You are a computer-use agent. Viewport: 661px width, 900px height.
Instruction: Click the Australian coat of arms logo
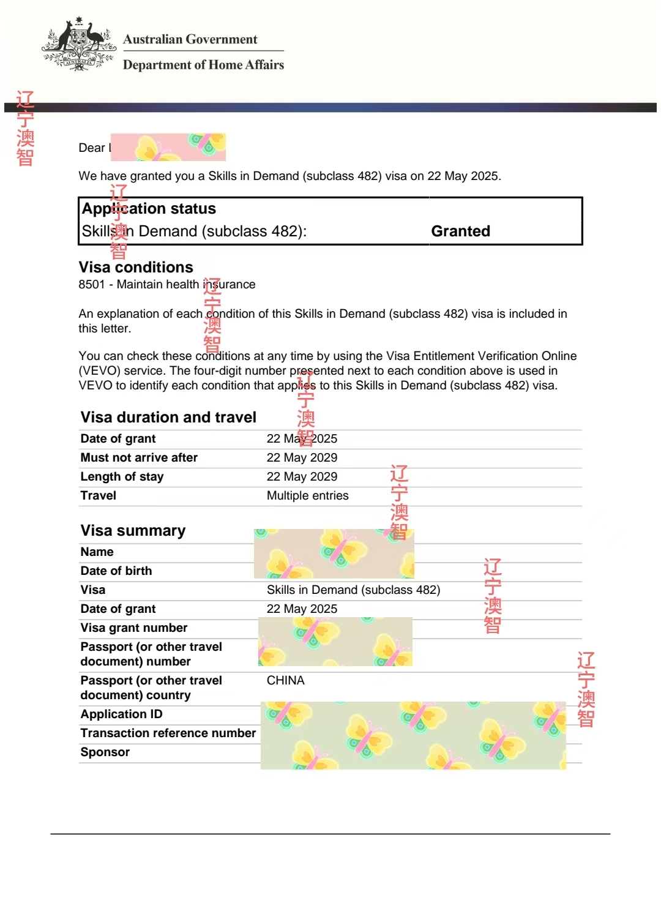click(x=78, y=44)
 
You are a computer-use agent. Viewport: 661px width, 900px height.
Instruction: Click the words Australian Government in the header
click(x=190, y=39)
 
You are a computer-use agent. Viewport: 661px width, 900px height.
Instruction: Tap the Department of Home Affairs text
click(x=203, y=65)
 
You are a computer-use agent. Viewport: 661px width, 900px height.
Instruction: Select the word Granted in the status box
click(x=460, y=231)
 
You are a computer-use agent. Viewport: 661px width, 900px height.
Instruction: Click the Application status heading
click(x=149, y=209)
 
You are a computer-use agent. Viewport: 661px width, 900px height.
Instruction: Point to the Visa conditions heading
click(x=136, y=267)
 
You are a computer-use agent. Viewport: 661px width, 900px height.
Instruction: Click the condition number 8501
click(x=92, y=284)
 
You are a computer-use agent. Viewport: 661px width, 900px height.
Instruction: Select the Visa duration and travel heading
click(x=168, y=417)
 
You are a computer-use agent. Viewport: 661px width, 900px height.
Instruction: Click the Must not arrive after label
click(x=139, y=457)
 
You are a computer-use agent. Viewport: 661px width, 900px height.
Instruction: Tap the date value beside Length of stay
click(x=302, y=476)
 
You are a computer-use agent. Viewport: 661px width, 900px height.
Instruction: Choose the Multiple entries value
click(x=307, y=495)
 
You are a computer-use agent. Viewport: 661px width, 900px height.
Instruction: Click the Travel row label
click(x=99, y=495)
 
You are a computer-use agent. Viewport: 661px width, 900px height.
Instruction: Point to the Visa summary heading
click(x=133, y=530)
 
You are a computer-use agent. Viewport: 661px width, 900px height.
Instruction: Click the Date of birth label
click(x=116, y=571)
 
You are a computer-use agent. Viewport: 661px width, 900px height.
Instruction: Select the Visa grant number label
click(x=134, y=628)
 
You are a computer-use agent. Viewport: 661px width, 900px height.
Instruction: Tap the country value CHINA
click(x=285, y=680)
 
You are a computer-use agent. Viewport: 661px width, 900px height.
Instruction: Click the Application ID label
click(x=121, y=714)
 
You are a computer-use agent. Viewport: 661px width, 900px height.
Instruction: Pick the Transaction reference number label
click(x=168, y=733)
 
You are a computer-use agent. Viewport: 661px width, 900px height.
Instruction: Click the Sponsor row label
click(x=105, y=752)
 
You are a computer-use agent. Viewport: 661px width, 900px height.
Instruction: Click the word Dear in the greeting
click(x=92, y=148)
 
